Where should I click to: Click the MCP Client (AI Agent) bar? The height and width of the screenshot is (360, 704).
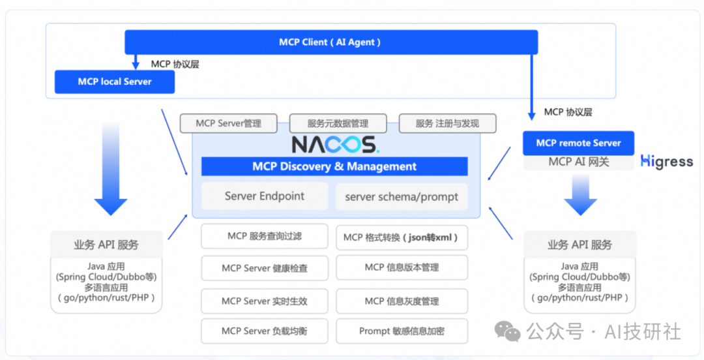click(331, 42)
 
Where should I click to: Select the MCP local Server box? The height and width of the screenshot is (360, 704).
click(115, 82)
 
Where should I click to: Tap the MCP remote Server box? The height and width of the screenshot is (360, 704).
click(578, 143)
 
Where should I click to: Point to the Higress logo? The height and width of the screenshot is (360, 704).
click(666, 161)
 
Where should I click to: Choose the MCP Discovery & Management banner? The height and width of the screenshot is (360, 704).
click(334, 166)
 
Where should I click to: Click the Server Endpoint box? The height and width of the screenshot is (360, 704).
click(265, 196)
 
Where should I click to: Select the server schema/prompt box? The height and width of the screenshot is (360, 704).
click(402, 196)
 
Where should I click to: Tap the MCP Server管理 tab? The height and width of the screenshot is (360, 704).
click(228, 123)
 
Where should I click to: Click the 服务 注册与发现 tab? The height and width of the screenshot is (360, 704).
click(447, 123)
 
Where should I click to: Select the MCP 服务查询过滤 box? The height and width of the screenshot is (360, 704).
click(265, 236)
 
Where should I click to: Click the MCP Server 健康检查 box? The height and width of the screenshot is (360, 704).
click(265, 268)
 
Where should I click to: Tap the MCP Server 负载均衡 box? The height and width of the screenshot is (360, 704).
click(265, 331)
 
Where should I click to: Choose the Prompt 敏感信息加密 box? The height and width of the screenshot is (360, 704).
click(402, 331)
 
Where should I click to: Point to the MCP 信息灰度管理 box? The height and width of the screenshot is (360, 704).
click(402, 301)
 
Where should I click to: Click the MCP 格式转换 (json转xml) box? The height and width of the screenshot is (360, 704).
click(402, 237)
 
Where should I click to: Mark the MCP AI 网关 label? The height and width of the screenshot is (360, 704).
click(578, 162)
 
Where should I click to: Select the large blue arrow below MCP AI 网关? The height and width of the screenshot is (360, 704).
click(579, 196)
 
